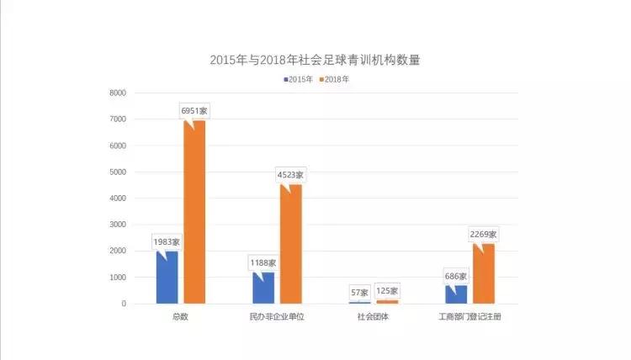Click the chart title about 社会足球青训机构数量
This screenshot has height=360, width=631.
pos(315,60)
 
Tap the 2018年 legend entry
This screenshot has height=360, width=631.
pos(334,79)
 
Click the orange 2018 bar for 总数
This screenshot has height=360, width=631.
pos(194,211)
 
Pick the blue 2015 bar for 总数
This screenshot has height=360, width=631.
pos(167,277)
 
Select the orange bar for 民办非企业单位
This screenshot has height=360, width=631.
pos(291,243)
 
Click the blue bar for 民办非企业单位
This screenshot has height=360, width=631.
pos(262,287)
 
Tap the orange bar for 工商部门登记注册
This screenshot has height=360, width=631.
pos(484,273)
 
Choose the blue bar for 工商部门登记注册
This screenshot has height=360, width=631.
pos(455,294)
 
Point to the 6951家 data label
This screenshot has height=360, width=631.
pos(194,110)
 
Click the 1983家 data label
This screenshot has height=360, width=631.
pos(167,241)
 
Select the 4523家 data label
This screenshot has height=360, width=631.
pos(291,175)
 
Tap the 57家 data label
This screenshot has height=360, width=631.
pos(359,292)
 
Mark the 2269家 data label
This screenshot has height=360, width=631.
pos(484,234)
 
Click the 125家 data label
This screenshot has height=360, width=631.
pos(388,290)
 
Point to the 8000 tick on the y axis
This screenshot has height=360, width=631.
pos(117,93)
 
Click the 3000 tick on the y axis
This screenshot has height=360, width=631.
pos(117,225)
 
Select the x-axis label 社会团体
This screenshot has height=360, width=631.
pos(373,317)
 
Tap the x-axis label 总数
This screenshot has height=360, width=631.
pos(179,317)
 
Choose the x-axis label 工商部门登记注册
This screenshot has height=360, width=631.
pos(470,317)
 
